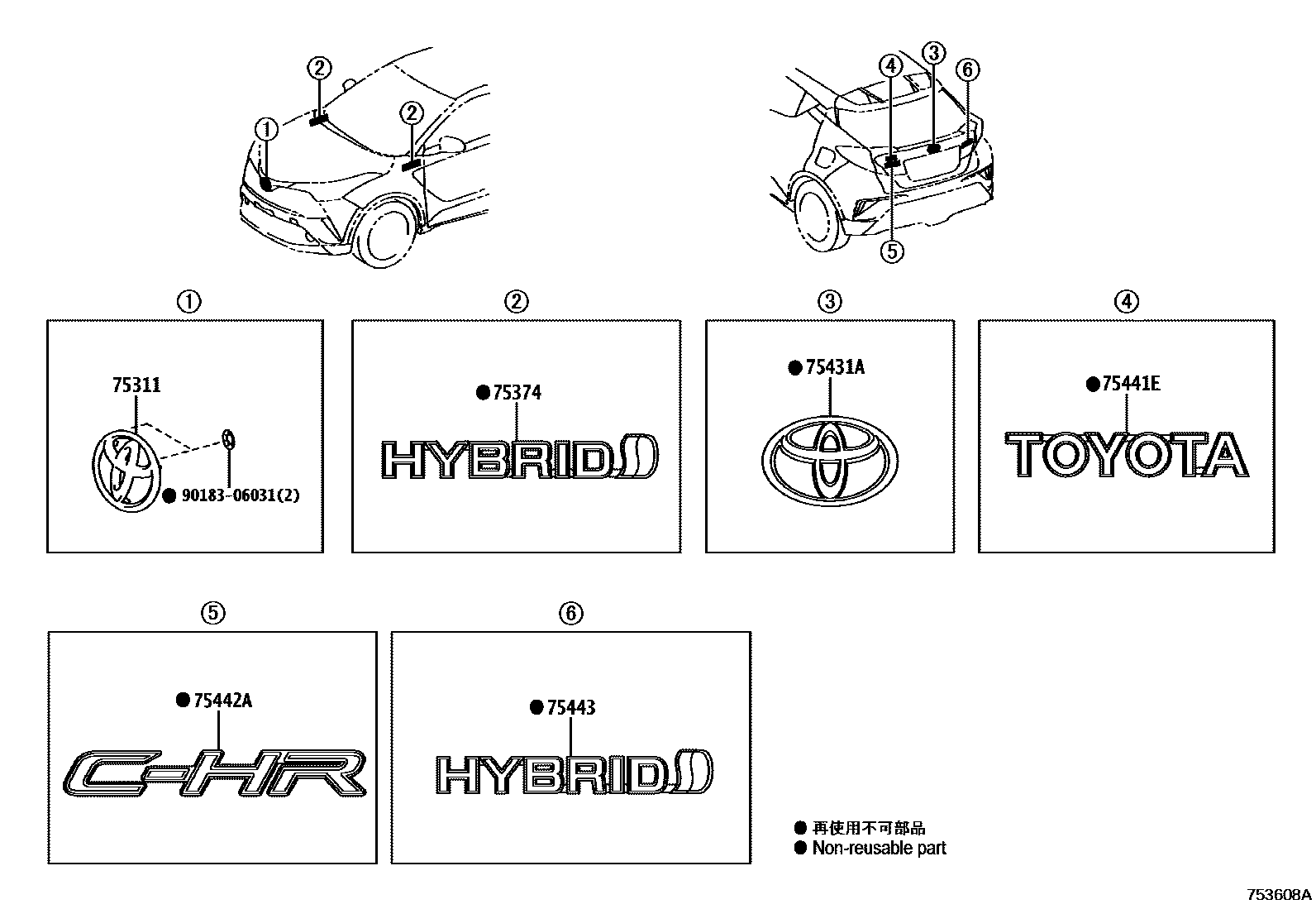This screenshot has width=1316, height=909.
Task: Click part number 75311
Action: (136, 385)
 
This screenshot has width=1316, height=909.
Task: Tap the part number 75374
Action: (517, 393)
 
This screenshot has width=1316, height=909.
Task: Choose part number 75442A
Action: (222, 701)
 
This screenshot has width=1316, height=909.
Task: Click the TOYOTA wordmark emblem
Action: (1126, 456)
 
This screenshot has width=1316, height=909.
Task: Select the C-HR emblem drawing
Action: (214, 774)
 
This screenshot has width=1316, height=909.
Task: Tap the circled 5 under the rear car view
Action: (892, 251)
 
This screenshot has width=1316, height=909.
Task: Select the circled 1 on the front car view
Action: (265, 129)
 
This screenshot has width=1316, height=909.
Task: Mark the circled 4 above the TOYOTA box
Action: (1126, 302)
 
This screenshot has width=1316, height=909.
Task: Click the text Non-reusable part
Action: (879, 848)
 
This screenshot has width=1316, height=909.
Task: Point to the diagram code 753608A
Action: (1279, 895)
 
